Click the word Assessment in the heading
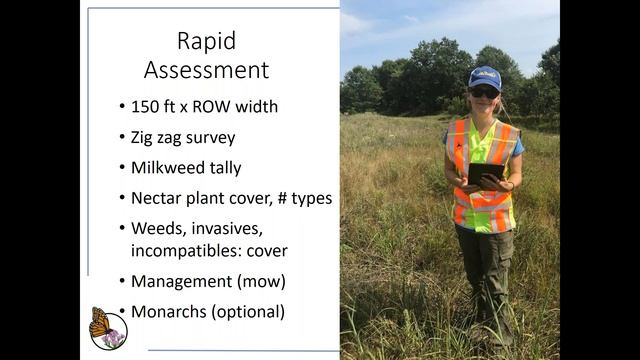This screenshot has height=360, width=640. [x=206, y=70]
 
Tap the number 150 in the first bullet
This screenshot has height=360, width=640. [x=147, y=105]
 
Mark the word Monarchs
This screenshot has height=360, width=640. [x=169, y=311]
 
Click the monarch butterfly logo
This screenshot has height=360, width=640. [x=108, y=328]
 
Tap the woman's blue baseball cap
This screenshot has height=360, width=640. [x=484, y=77]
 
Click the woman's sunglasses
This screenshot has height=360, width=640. [x=484, y=92]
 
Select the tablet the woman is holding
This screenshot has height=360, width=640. [x=484, y=173]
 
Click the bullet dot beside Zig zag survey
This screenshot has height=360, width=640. [x=121, y=136]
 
